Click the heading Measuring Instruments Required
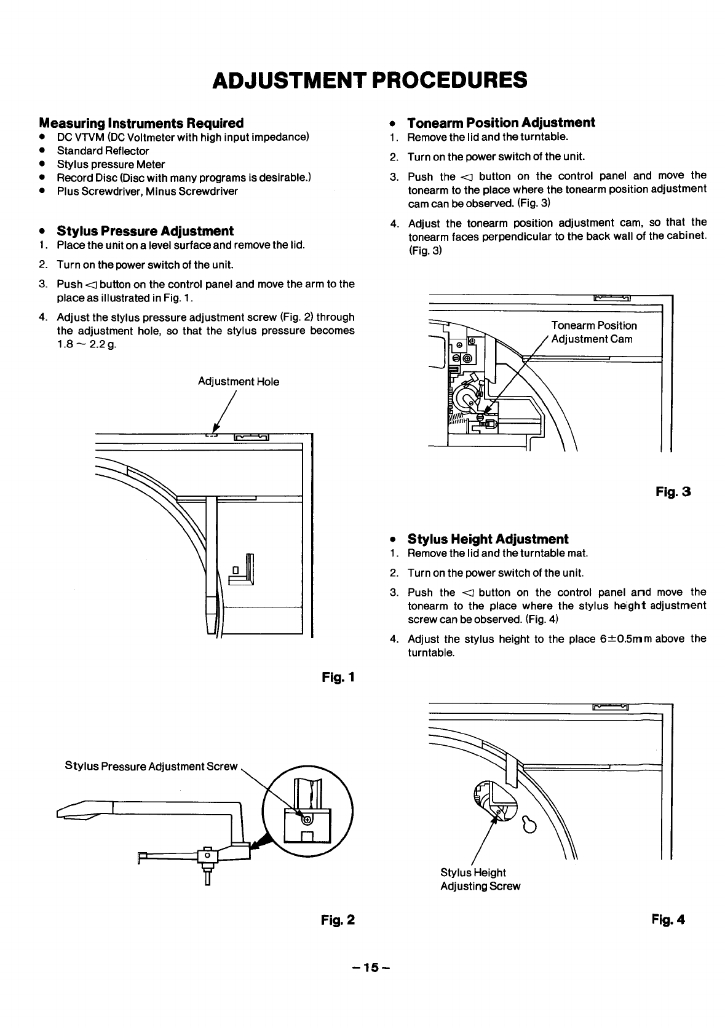141,123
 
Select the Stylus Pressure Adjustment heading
145,231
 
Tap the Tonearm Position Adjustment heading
501,122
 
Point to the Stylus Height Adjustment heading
488,539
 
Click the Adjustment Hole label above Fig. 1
238,382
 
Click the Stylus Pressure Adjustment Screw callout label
151,767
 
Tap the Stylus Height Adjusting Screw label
480,879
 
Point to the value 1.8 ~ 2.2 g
86,344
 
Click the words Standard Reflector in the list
103,151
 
